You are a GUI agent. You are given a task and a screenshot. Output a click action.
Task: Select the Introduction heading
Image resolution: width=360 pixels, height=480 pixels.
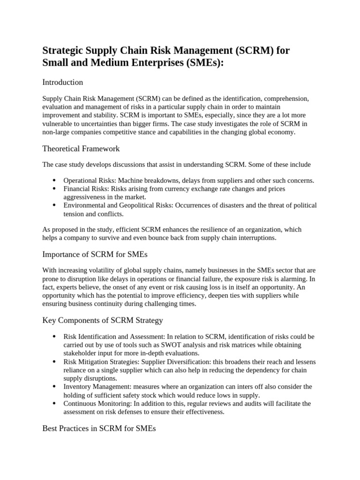pos(62,82)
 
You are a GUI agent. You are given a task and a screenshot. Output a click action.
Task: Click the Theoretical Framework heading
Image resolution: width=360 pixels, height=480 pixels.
pos(81,149)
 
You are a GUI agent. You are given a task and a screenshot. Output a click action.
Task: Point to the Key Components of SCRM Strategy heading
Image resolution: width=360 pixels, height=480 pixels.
pos(103,321)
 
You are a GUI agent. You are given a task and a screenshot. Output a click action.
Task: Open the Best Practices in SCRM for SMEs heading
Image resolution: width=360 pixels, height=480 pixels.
pos(99,428)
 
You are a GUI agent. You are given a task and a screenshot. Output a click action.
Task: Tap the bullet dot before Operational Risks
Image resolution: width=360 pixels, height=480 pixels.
pos(54,180)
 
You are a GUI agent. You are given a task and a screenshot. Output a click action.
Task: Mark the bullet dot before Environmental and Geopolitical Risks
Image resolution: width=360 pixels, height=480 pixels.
pos(54,205)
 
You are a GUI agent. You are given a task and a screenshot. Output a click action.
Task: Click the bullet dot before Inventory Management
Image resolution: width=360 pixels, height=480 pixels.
pos(54,387)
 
